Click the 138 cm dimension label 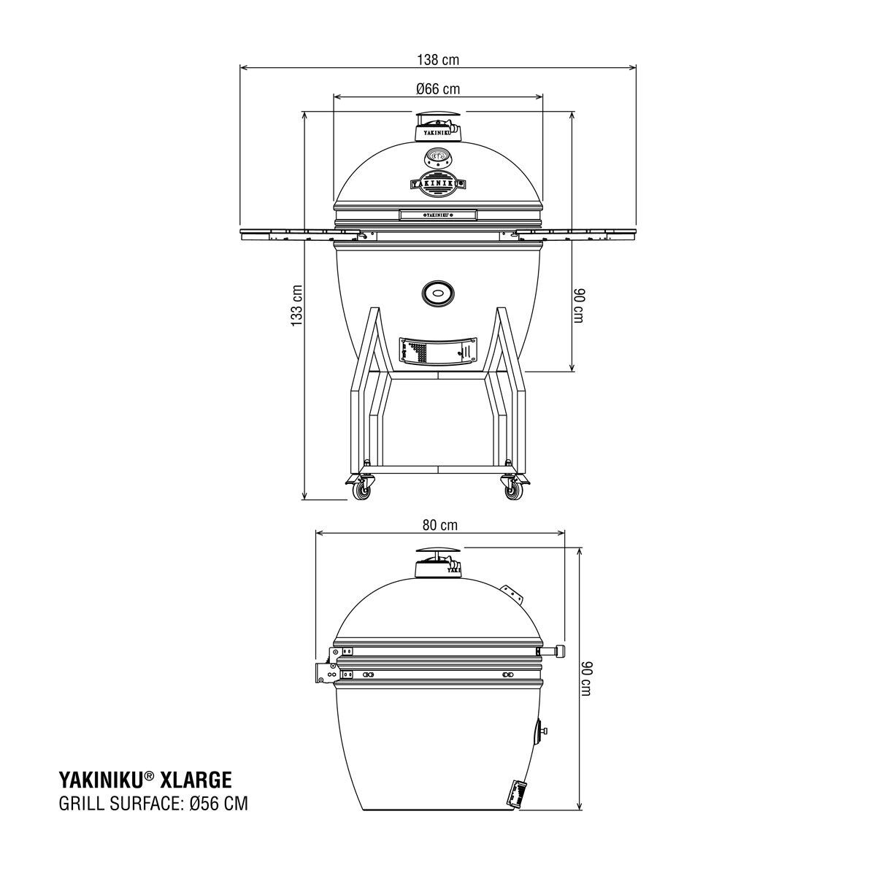[x=437, y=60]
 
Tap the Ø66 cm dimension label [x=438, y=89]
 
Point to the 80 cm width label [x=439, y=525]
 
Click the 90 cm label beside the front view [x=577, y=305]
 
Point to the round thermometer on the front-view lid [x=438, y=156]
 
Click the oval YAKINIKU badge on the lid [x=438, y=182]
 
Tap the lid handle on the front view [x=438, y=215]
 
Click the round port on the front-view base [x=438, y=293]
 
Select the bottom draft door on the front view [x=438, y=352]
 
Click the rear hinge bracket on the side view [x=326, y=670]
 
